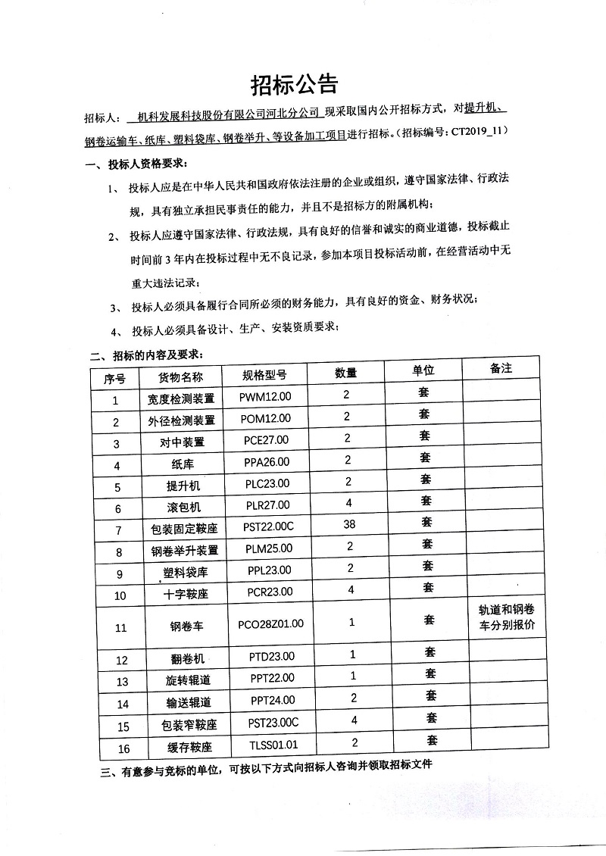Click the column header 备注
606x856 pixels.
click(x=501, y=368)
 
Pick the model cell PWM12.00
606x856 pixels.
click(x=264, y=396)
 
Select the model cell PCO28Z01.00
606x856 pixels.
click(x=270, y=624)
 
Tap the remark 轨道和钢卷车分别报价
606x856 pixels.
click(x=507, y=617)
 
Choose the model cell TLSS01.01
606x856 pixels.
click(x=273, y=744)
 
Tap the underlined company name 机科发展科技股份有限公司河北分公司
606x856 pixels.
click(x=226, y=114)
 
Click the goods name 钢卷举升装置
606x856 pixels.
click(x=181, y=551)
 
